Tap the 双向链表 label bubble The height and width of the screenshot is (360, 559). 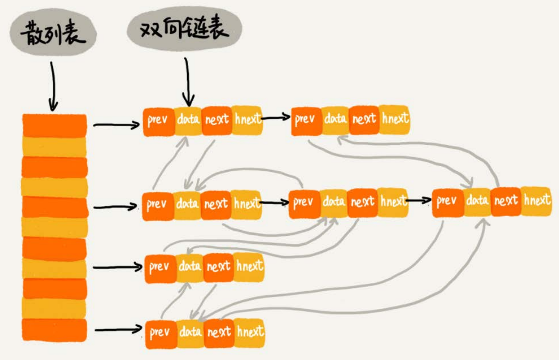click(184, 30)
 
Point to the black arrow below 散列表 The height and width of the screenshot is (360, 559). click(53, 86)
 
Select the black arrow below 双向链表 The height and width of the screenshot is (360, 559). click(188, 81)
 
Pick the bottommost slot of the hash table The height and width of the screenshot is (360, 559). click(54, 328)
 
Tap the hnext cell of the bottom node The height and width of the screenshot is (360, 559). click(250, 332)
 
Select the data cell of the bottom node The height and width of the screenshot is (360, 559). click(190, 333)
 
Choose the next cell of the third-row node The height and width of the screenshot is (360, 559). click(218, 266)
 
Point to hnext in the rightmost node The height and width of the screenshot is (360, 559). click(536, 201)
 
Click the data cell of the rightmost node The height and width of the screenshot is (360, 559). click(477, 201)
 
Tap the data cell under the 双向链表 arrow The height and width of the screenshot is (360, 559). click(188, 120)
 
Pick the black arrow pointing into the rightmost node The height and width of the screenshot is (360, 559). click(419, 200)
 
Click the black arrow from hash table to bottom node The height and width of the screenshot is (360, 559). click(119, 330)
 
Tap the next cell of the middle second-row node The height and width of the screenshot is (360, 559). click(362, 202)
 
